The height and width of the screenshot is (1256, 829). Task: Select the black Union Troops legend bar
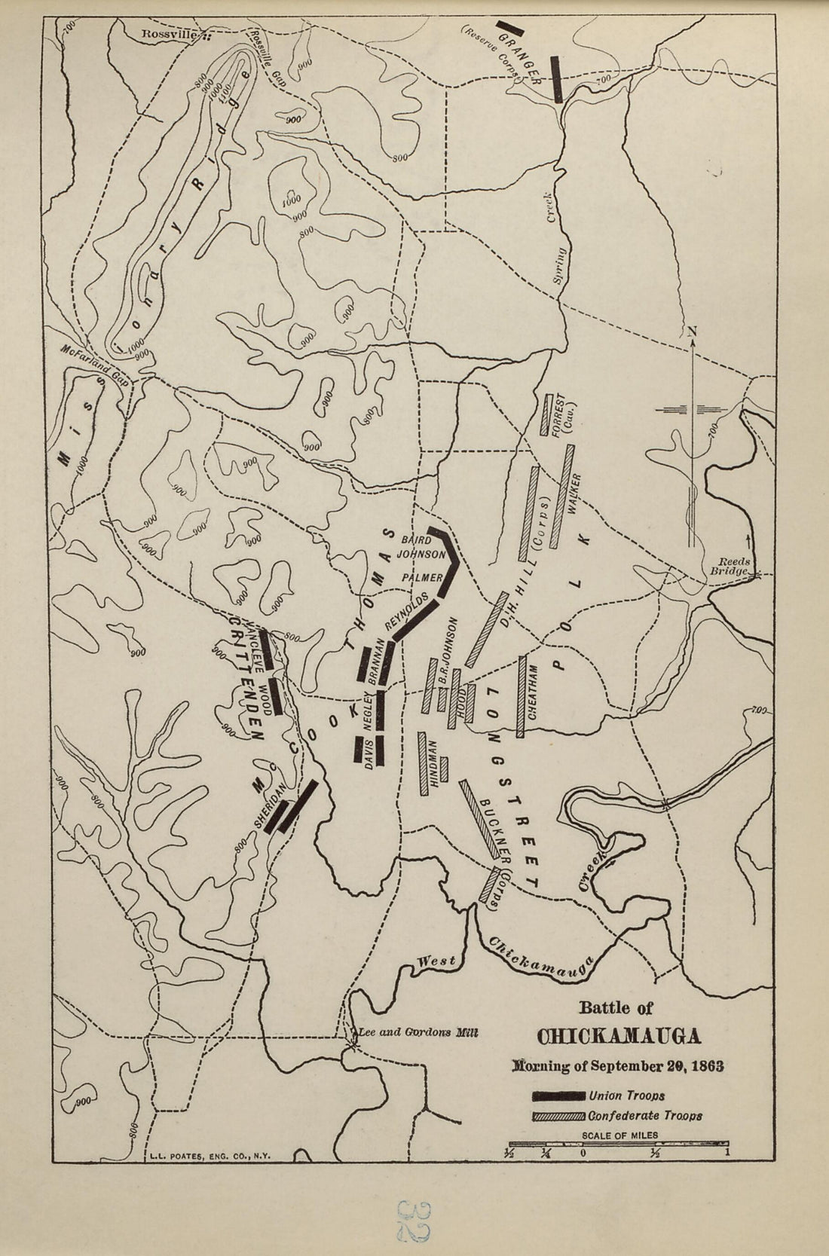[x=558, y=1095]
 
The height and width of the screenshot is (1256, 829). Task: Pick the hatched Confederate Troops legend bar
[x=558, y=1116]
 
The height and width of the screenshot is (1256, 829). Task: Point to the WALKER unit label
[x=577, y=494]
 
